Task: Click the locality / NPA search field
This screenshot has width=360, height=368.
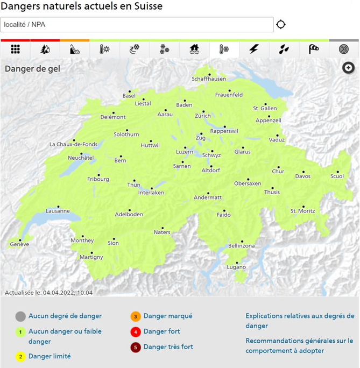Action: click(x=137, y=25)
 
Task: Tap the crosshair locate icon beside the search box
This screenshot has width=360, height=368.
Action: click(x=281, y=25)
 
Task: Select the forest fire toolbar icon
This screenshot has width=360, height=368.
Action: click(x=45, y=49)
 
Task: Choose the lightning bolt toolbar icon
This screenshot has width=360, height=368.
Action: click(x=254, y=49)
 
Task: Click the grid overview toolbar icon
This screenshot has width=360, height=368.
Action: click(x=16, y=49)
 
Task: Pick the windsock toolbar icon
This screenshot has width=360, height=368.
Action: click(x=314, y=49)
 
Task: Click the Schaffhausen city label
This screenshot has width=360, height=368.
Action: click(x=209, y=79)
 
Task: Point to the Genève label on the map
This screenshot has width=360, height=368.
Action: click(x=19, y=244)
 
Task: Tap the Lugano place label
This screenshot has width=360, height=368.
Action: click(x=236, y=267)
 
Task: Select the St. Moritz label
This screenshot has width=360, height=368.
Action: click(x=302, y=211)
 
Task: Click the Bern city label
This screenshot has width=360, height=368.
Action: click(x=121, y=160)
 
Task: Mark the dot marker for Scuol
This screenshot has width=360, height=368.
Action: click(x=338, y=172)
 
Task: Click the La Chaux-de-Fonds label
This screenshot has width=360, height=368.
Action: click(x=73, y=144)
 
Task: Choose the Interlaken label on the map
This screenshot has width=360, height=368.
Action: click(x=151, y=193)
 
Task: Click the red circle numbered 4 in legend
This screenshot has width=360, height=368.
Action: click(x=135, y=332)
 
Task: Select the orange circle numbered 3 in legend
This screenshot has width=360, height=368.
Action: click(x=135, y=316)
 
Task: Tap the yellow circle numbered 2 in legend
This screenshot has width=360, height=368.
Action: click(x=20, y=356)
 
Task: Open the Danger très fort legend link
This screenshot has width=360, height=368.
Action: click(x=168, y=347)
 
